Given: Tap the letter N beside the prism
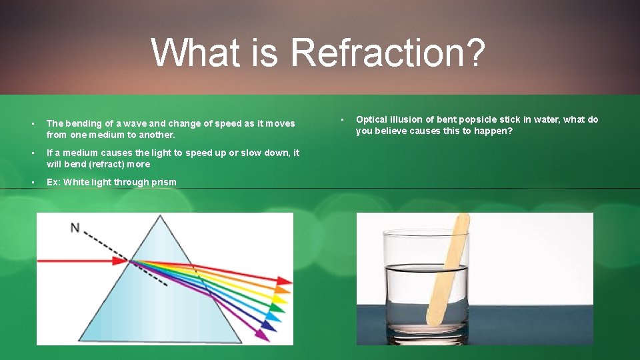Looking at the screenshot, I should pos(75,228).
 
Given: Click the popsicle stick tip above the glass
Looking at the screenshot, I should pos(461,220).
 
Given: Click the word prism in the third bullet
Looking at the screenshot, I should pos(164,182).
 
